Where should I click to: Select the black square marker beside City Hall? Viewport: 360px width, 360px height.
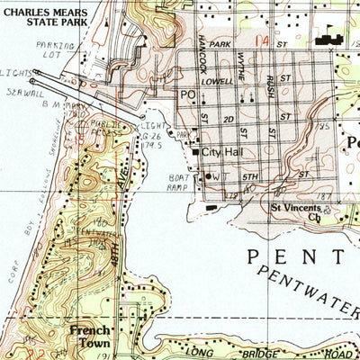(196, 153)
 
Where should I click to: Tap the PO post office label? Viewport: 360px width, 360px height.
(188, 93)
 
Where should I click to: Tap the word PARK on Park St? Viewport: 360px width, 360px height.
(220, 43)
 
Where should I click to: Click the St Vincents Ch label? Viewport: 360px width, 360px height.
(296, 211)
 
